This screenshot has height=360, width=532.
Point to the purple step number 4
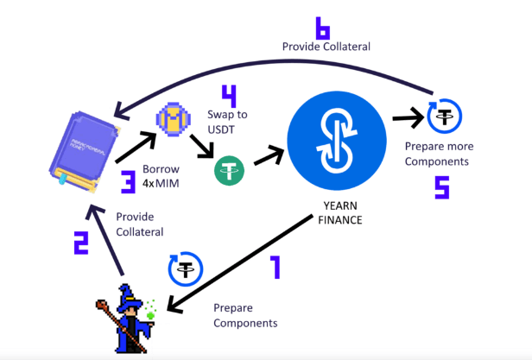228,93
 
